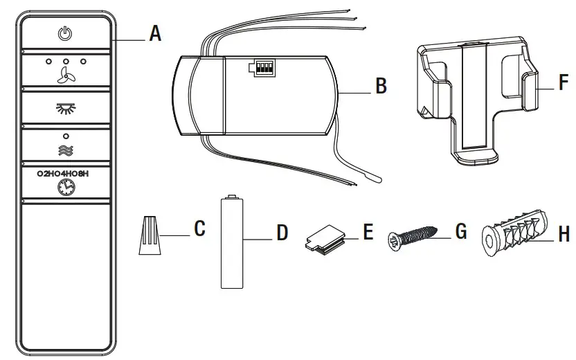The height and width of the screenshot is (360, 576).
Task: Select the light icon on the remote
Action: pyautogui.click(x=65, y=108)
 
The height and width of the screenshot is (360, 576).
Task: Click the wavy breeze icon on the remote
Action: pyautogui.click(x=65, y=149)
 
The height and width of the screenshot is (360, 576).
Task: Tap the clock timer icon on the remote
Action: pyautogui.click(x=65, y=186)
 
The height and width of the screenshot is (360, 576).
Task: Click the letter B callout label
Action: pyautogui.click(x=380, y=87)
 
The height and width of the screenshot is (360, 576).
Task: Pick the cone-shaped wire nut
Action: pyautogui.click(x=150, y=235)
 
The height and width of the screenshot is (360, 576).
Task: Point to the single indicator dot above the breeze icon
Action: pyautogui.click(x=65, y=135)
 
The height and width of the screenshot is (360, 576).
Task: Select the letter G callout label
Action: pyautogui.click(x=461, y=231)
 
